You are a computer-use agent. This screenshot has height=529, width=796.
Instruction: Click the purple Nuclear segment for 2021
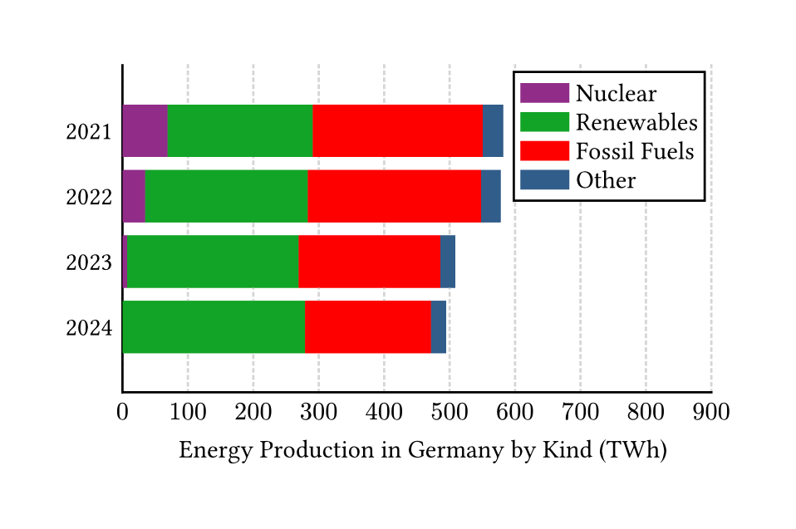145,130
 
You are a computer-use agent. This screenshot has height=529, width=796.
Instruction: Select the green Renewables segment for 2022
226,196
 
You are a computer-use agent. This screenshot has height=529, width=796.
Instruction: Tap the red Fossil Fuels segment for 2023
369,262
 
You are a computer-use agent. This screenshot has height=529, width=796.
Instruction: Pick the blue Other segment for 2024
439,326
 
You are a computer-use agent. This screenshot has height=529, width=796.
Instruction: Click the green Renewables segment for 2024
214,326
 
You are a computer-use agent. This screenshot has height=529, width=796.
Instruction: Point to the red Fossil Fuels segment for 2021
398,130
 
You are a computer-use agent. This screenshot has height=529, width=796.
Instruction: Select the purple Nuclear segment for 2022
134,196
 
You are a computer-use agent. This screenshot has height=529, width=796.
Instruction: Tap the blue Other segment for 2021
493,130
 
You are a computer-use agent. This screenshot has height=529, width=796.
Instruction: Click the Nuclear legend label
616,94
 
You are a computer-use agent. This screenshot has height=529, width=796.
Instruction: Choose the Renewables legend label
636,123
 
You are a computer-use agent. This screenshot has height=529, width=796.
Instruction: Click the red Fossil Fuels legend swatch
544,151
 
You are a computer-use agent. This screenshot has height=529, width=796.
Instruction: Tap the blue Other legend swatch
544,180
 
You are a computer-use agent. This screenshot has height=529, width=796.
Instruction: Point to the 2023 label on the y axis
89,263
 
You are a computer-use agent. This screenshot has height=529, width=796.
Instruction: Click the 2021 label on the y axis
89,132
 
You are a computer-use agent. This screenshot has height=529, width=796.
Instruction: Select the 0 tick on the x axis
122,411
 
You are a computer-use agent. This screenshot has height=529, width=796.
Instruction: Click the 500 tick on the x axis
450,411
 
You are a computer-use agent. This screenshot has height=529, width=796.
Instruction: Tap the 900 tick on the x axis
711,411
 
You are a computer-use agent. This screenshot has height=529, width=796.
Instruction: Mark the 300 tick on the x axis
318,411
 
